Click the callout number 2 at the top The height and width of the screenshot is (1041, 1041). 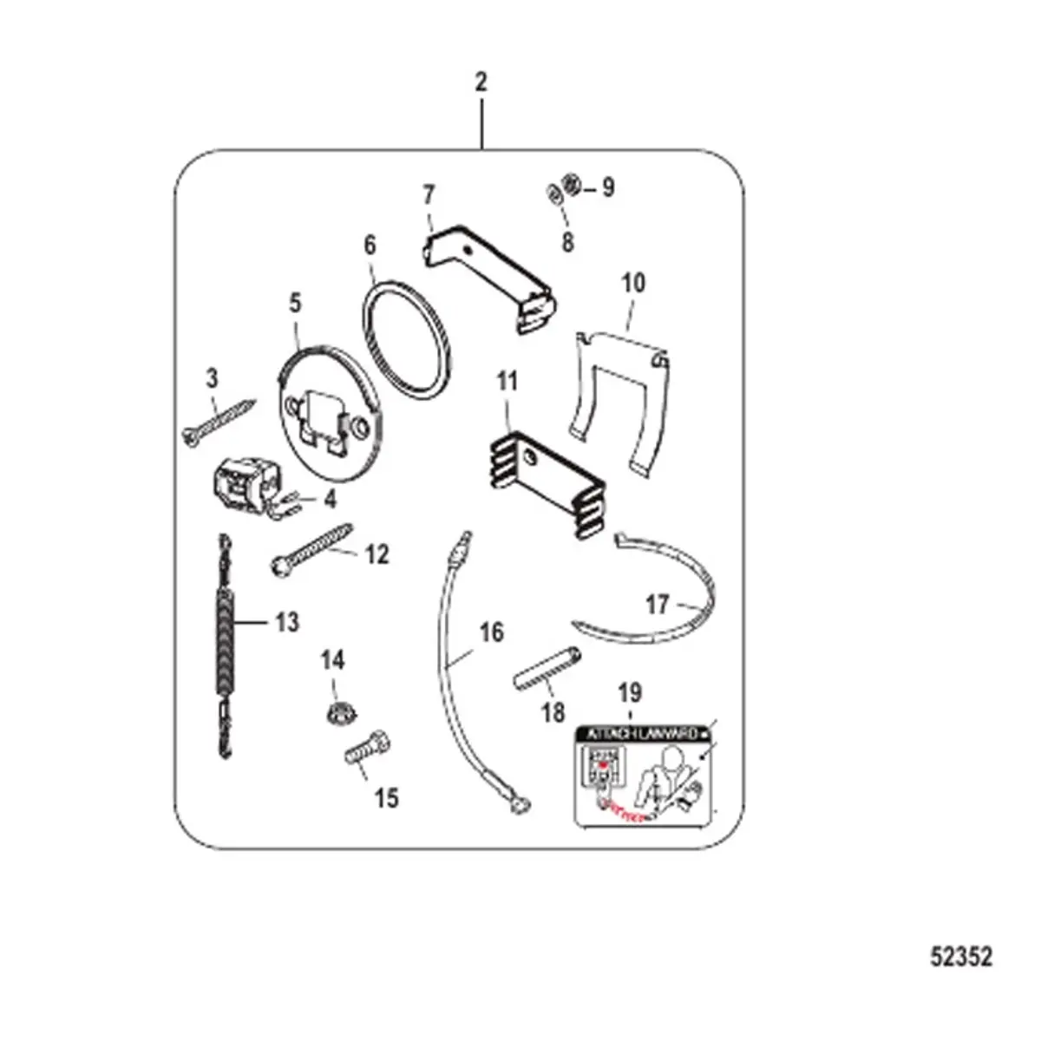(481, 83)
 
